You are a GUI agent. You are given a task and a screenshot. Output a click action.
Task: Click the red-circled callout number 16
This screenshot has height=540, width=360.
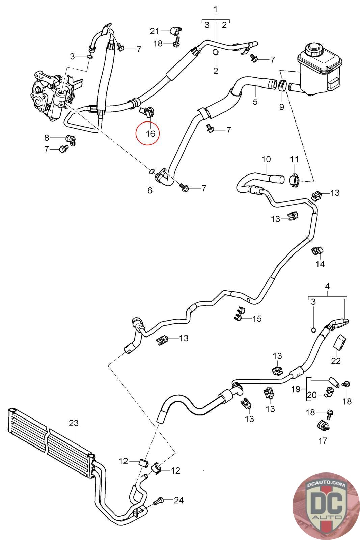coord(150,133)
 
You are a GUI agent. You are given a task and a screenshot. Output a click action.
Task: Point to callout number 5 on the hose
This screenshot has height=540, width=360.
coord(255,102)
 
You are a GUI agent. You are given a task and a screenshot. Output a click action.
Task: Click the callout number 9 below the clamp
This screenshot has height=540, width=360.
coord(282,106)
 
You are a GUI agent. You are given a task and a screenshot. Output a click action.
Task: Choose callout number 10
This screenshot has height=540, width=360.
coord(266,159)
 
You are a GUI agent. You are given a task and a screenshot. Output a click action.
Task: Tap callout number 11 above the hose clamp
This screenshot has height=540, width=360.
coord(294,159)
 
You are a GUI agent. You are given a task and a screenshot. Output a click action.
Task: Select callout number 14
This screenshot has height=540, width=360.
coord(320,264)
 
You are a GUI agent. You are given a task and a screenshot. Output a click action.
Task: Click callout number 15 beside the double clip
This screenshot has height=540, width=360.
coord(257,319)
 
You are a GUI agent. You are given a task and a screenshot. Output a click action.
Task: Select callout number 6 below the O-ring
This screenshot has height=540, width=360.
coord(150,190)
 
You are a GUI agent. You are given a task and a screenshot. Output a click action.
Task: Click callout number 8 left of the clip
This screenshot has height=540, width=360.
coord(47,138)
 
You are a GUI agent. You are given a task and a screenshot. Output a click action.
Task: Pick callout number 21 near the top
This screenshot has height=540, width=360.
coord(155,31)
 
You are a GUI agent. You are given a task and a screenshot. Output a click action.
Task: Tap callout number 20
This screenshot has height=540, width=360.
coord(311,395)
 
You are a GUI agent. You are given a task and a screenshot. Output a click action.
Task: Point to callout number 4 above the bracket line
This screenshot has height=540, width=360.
coord(327,287)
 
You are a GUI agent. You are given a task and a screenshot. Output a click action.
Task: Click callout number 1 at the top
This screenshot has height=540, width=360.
coord(216,10)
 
